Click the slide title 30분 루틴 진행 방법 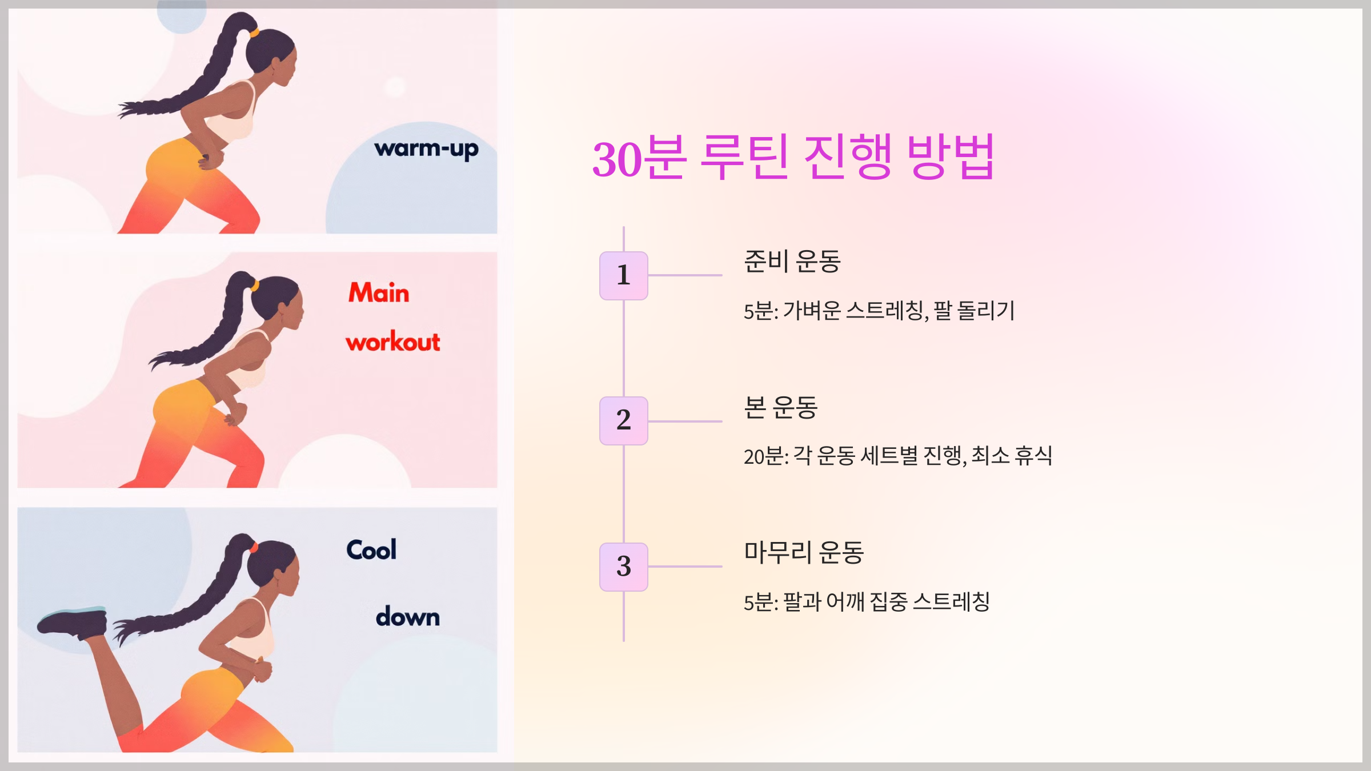tap(793, 158)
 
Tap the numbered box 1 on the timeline tap(623, 275)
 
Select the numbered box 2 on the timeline tap(623, 420)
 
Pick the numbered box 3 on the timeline tap(623, 567)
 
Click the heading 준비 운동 tap(792, 262)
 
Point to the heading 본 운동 tap(780, 408)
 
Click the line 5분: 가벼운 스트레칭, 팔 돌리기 tap(879, 311)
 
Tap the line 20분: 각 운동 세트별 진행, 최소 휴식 tap(897, 456)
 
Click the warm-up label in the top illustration tap(426, 150)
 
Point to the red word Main tap(379, 293)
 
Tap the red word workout tap(393, 342)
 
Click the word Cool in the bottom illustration tap(371, 550)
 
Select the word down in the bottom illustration tap(408, 617)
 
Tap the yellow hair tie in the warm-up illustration tap(254, 33)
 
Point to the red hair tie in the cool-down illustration tap(254, 548)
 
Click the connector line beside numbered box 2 tap(685, 421)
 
